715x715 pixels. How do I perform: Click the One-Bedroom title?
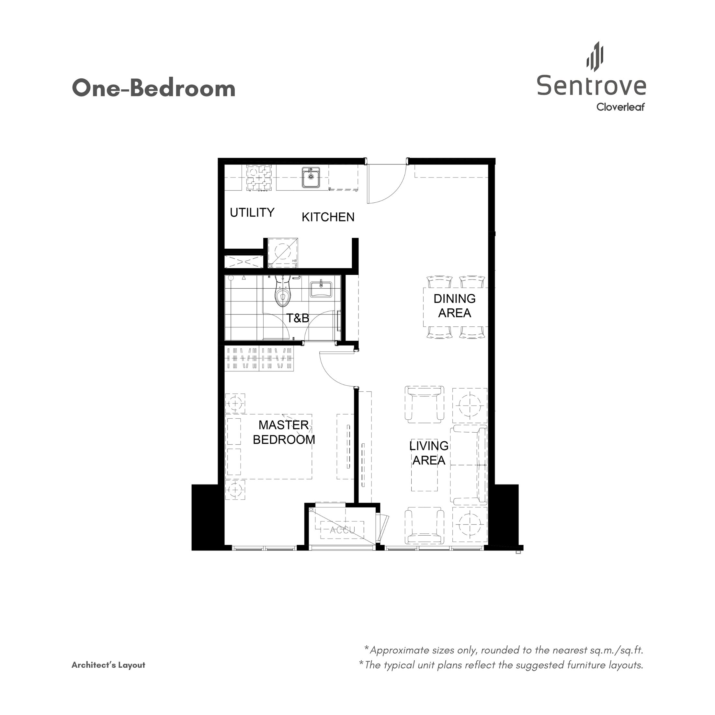click(x=153, y=89)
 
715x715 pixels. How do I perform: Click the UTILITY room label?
click(x=252, y=212)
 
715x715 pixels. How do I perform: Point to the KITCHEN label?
click(x=328, y=217)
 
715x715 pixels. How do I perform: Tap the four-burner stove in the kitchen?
click(x=259, y=178)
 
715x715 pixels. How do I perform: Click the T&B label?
click(x=298, y=318)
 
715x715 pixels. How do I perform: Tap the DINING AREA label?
click(x=454, y=306)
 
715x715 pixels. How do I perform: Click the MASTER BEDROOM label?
click(x=284, y=432)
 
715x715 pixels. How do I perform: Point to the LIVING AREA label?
click(x=429, y=453)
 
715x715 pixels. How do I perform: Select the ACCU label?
click(x=342, y=530)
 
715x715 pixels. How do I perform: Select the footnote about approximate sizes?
click(x=506, y=650)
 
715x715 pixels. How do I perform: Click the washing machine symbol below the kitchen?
click(x=283, y=253)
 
